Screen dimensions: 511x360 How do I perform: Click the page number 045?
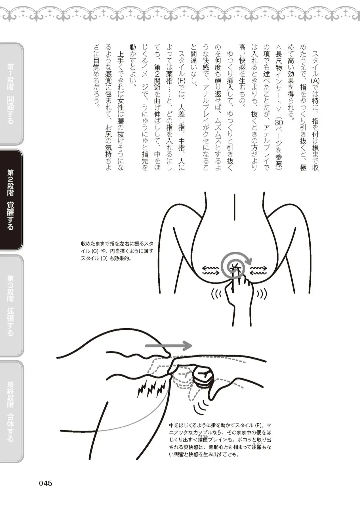pyautogui.click(x=46, y=483)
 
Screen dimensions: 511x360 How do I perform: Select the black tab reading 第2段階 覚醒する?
pyautogui.click(x=11, y=200)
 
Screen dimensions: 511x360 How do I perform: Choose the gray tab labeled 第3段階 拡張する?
pyautogui.click(x=11, y=305)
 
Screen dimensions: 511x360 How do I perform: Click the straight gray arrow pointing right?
pyautogui.click(x=168, y=346)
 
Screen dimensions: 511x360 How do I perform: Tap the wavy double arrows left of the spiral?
pyautogui.click(x=211, y=270)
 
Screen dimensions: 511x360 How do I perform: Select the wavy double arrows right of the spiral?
pyautogui.click(x=259, y=270)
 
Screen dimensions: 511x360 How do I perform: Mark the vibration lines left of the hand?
pyautogui.click(x=217, y=294)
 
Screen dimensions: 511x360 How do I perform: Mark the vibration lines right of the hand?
pyautogui.click(x=261, y=294)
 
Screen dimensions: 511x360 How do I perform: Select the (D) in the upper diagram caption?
pyautogui.click(x=104, y=258)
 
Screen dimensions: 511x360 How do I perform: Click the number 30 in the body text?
pyautogui.click(x=278, y=122)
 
